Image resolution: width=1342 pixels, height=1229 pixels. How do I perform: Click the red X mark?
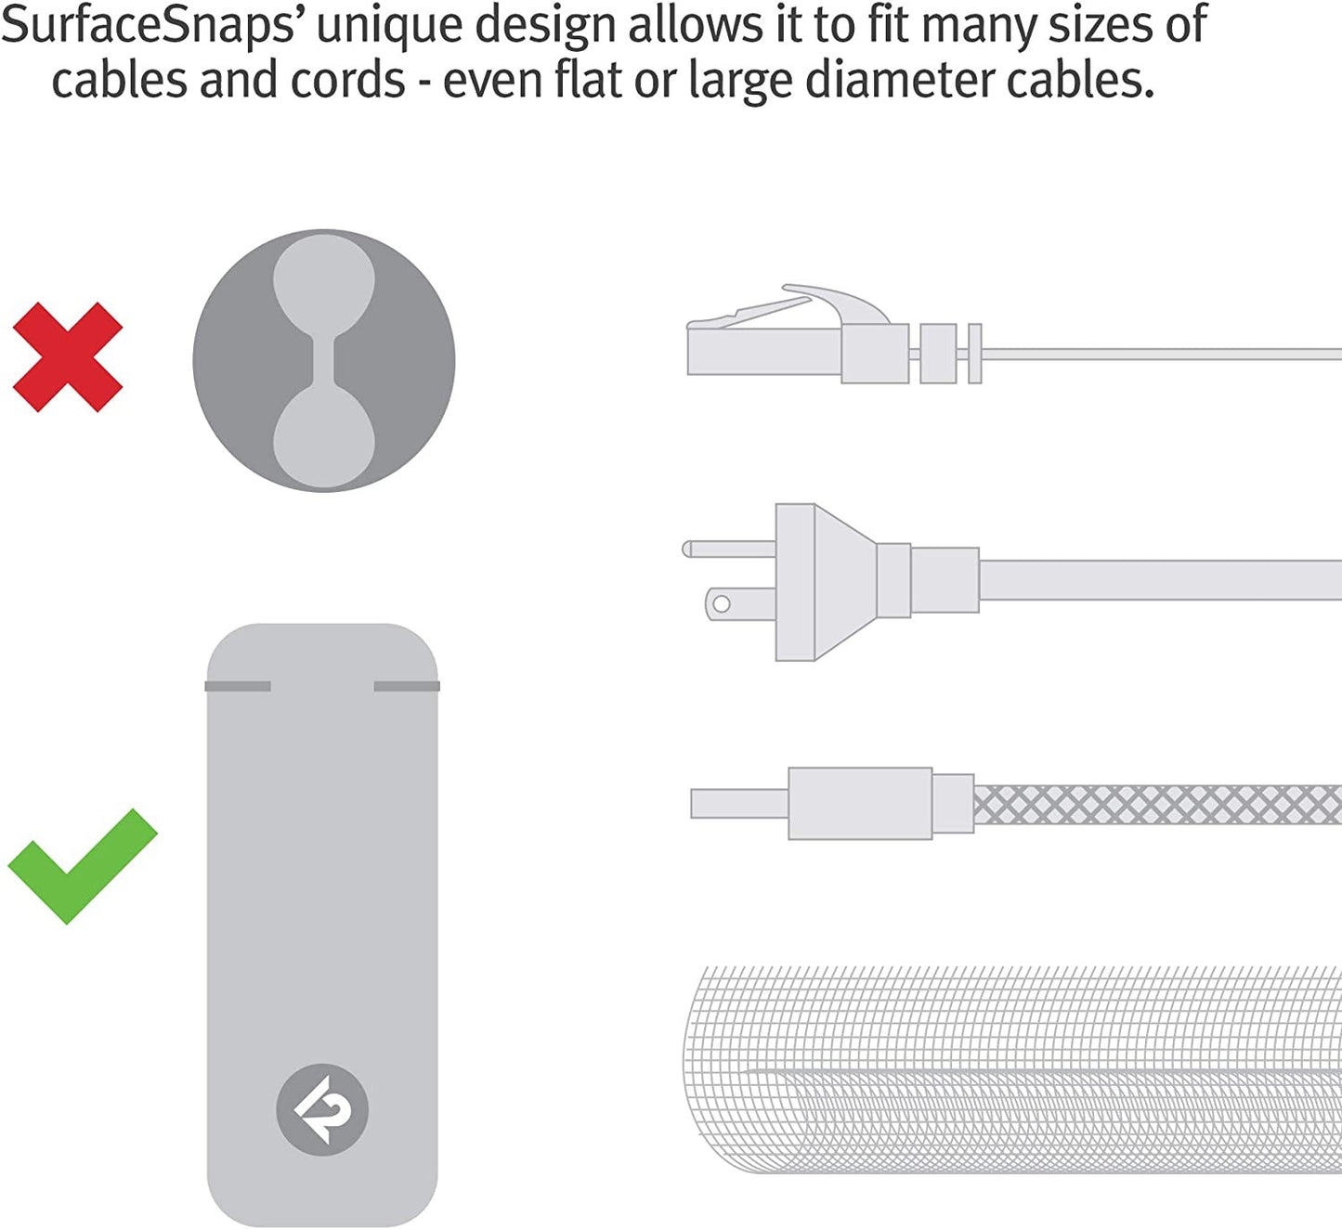coord(68,356)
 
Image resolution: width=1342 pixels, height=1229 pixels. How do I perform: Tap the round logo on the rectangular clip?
coord(322,1109)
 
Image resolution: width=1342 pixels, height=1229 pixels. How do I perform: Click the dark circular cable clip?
coord(324,361)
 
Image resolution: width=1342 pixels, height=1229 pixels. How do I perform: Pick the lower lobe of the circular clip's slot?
coord(324,436)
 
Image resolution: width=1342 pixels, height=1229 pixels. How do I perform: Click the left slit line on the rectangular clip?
coord(238,686)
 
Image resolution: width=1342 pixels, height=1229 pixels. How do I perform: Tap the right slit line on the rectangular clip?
coord(407,686)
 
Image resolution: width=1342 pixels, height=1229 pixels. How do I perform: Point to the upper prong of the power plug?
coord(728,549)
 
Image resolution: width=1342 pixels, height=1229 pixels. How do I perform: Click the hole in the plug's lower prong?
coord(722,603)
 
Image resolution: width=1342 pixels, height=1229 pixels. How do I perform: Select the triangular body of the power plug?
coord(845,582)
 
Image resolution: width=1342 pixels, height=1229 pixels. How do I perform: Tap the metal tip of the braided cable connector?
coord(739,803)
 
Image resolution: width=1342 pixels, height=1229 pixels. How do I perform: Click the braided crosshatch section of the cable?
coord(1157,804)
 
